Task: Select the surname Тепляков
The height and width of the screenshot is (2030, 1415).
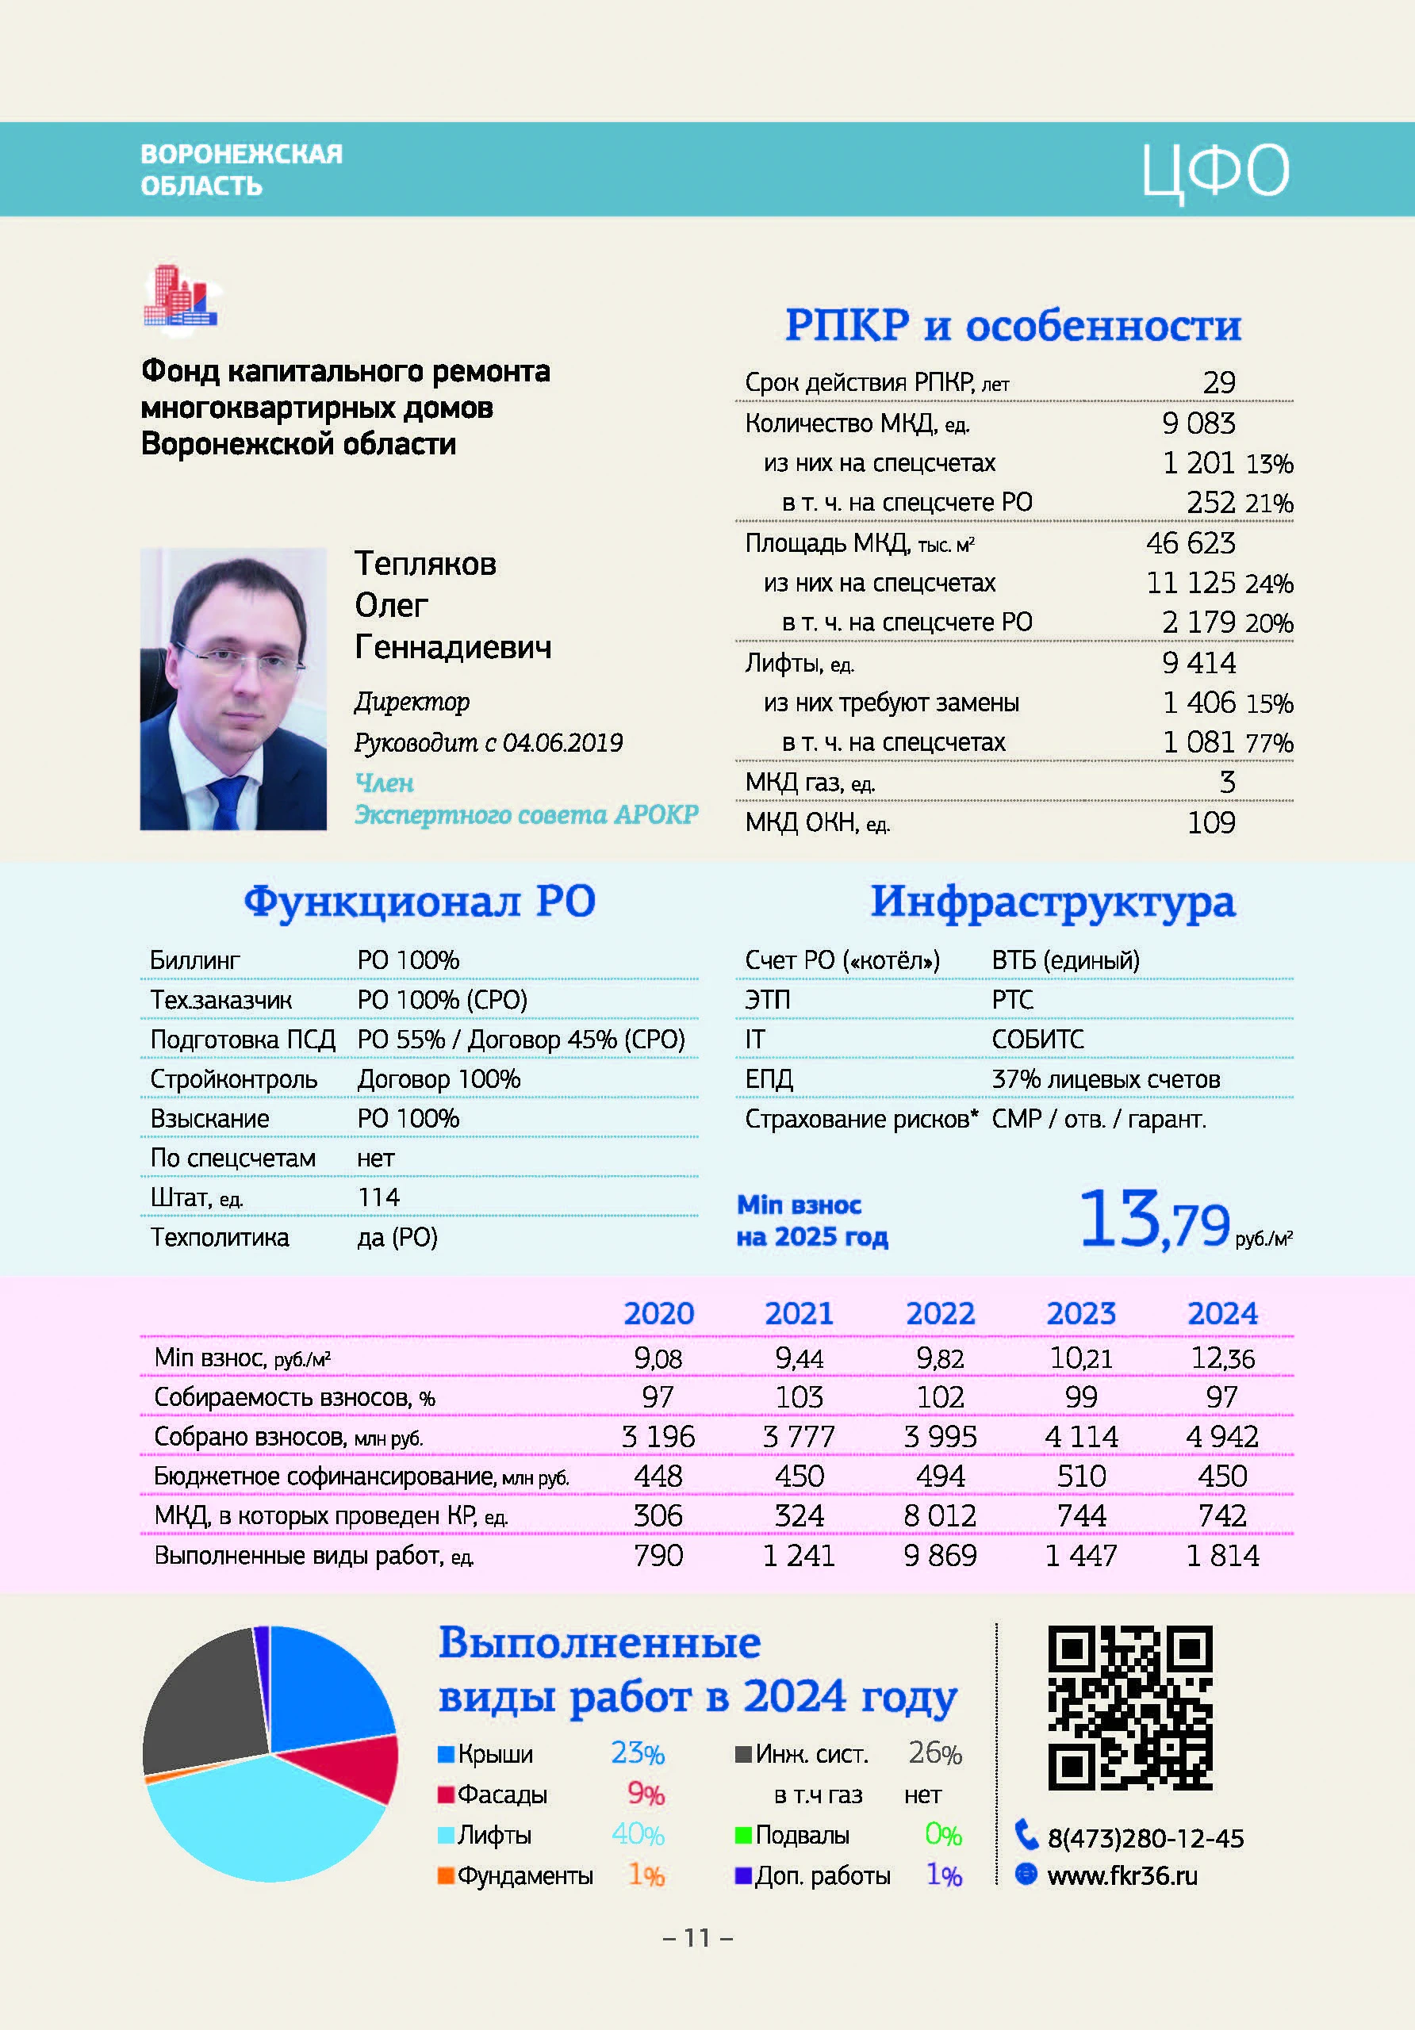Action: (425, 563)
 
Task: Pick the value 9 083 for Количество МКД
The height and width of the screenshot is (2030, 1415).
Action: (1198, 423)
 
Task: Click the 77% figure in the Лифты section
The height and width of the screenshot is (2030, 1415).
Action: (1269, 743)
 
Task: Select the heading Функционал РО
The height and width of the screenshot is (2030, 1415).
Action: (420, 902)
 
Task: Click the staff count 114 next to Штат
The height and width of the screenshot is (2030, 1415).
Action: (378, 1197)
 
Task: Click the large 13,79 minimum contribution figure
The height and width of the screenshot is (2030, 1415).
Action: (1154, 1221)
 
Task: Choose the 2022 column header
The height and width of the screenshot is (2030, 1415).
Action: (940, 1313)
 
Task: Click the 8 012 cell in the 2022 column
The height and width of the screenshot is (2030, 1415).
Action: (940, 1515)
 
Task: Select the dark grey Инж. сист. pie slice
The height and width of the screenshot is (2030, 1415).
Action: (203, 1702)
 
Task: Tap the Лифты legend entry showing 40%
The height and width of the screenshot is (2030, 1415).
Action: (548, 1835)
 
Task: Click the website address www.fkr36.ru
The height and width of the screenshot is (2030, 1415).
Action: (1122, 1875)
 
